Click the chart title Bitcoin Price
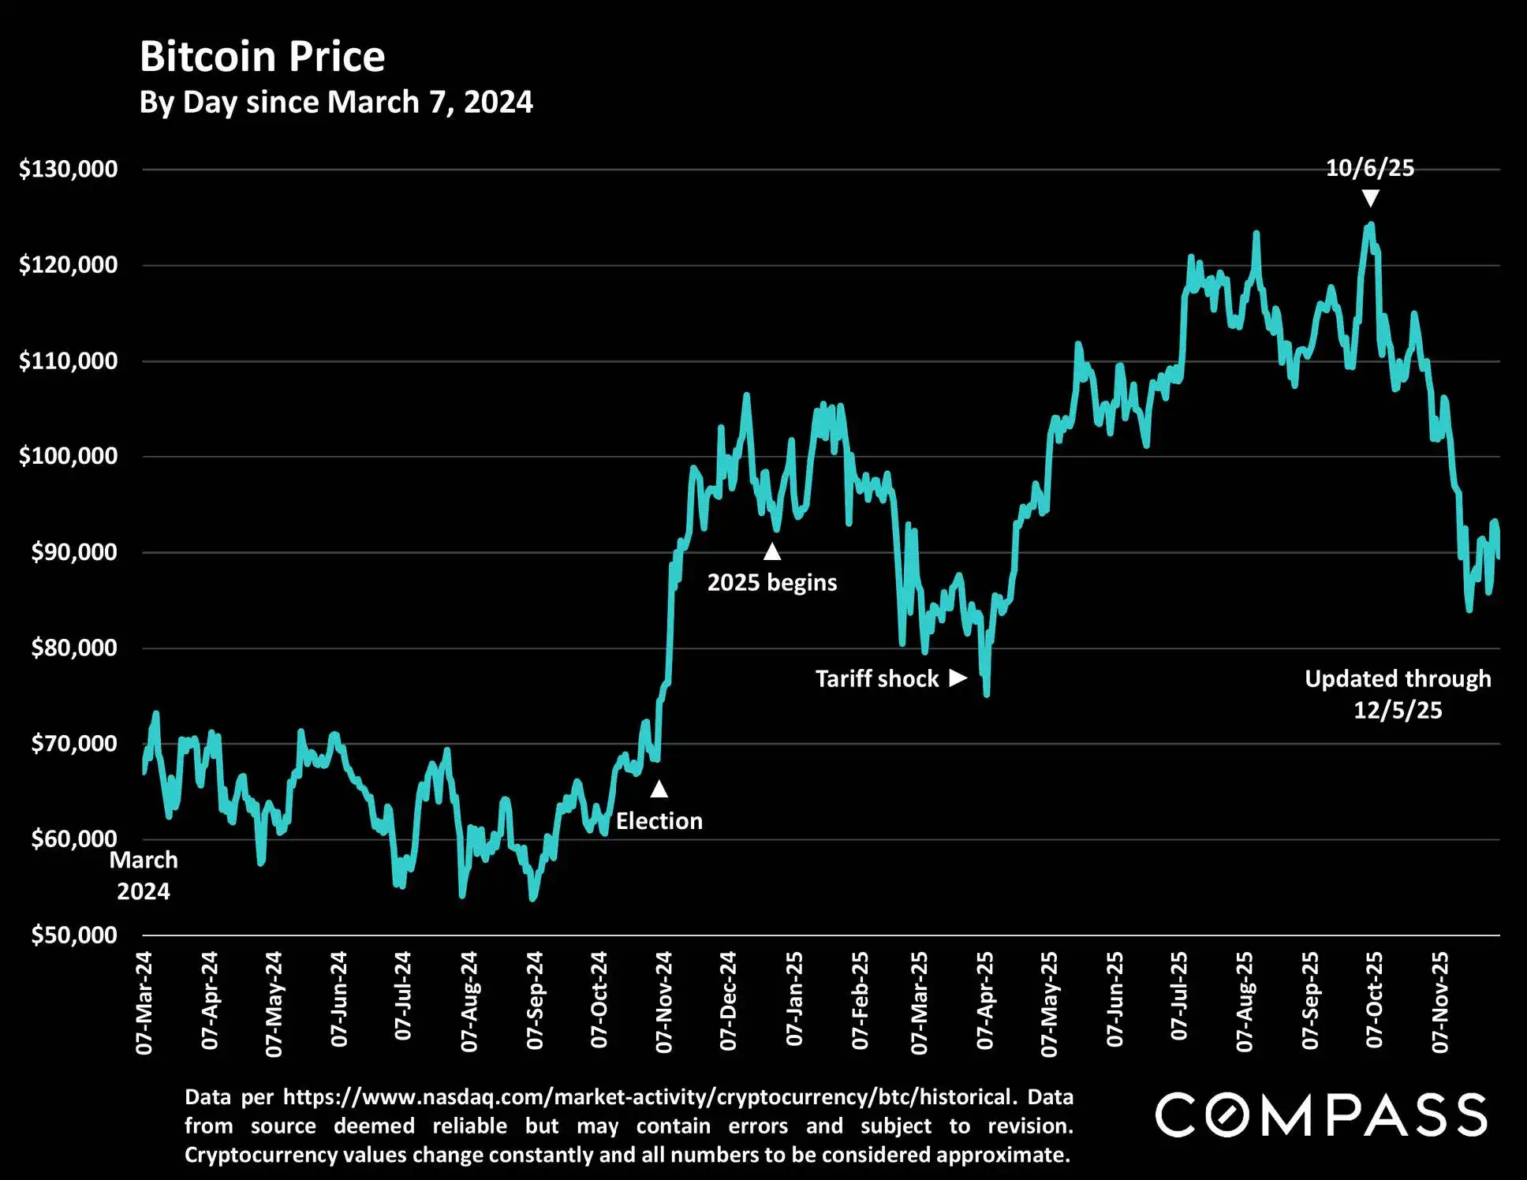[x=262, y=57]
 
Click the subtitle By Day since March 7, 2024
[x=336, y=103]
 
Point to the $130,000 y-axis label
[x=69, y=169]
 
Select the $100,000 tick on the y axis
[x=69, y=456]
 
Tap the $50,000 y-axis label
[x=74, y=935]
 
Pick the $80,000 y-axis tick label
[x=74, y=648]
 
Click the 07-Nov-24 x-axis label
[x=664, y=1002]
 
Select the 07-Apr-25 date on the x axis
[x=985, y=1002]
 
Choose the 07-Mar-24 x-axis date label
[x=144, y=1003]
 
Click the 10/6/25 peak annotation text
[x=1370, y=168]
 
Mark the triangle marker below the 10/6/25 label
[x=1371, y=199]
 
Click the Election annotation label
[x=659, y=821]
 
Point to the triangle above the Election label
[x=659, y=789]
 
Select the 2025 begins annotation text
[x=771, y=582]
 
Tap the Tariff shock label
[x=877, y=678]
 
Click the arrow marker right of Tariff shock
[x=958, y=678]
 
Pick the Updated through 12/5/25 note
[x=1398, y=694]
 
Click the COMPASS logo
[x=1321, y=1115]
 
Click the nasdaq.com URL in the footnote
[x=647, y=1097]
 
